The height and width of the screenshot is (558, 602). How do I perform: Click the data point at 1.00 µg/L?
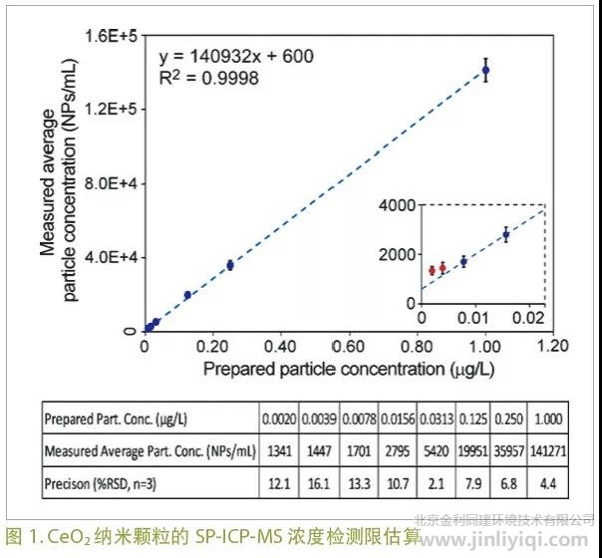point(485,70)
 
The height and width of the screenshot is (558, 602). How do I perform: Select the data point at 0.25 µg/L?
point(230,265)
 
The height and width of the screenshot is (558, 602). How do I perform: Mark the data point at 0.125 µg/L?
point(187,295)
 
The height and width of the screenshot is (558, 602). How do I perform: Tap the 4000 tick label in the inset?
point(396,205)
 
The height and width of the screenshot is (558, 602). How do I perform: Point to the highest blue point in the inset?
point(506,235)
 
